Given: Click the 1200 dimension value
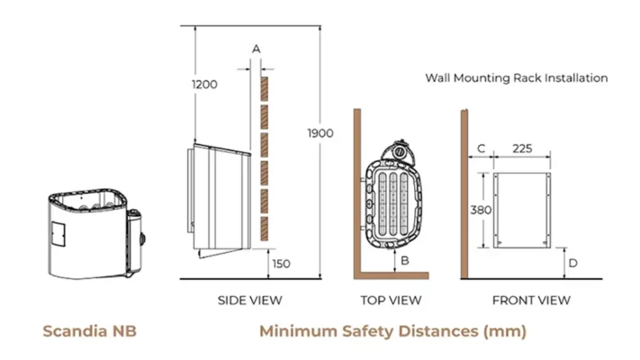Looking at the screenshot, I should coord(204,85).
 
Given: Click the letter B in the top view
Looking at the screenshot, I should coord(406,261).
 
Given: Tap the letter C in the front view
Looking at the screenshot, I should coord(481,148).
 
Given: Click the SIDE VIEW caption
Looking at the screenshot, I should coord(250,300).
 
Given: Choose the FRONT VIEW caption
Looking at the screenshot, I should coord(532,300).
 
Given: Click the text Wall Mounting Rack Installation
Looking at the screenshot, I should coord(517,78).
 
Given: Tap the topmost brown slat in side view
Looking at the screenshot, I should coord(265,88).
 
